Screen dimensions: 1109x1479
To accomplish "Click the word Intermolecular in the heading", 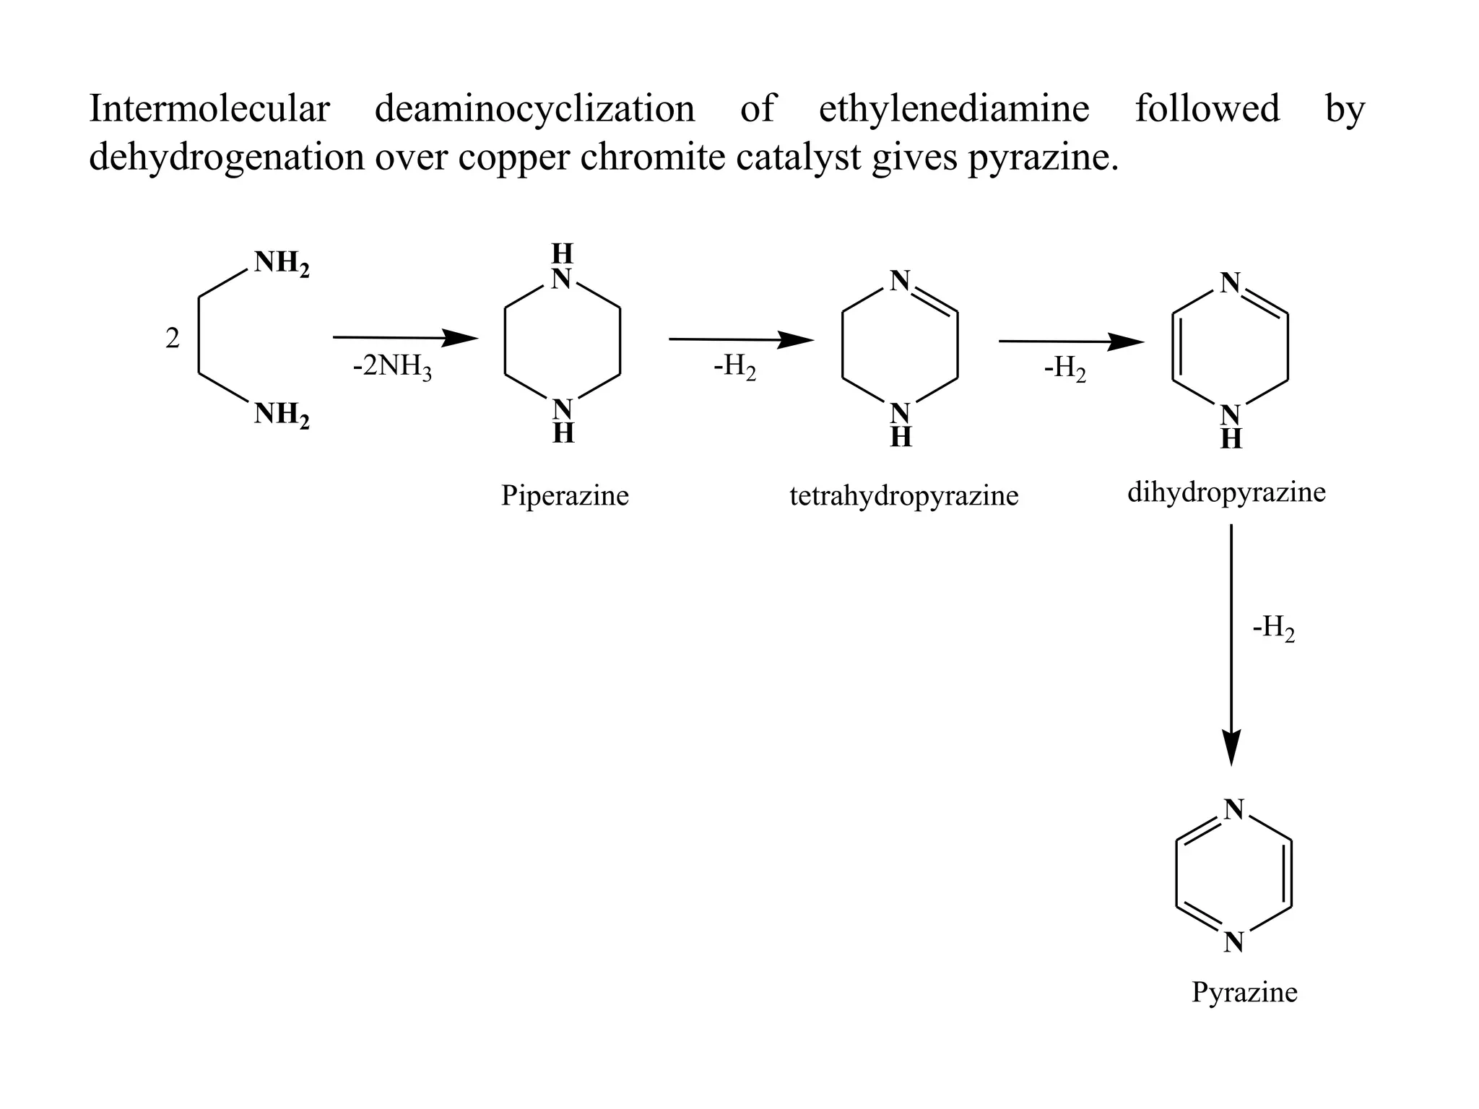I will click(209, 110).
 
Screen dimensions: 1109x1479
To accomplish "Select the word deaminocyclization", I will click(534, 110).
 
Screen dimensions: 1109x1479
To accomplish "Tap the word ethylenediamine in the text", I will click(953, 110).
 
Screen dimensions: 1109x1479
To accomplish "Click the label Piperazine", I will click(565, 496).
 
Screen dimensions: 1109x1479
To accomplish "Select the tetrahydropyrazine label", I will click(903, 496).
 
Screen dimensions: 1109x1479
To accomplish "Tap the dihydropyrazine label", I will click(1226, 492).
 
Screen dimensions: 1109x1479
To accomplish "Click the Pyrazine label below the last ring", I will click(1244, 992).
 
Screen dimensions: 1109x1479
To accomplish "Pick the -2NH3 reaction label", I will click(392, 368).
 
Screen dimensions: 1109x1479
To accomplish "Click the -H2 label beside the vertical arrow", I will click(1273, 629).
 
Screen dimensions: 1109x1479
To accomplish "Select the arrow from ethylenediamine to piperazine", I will click(404, 337).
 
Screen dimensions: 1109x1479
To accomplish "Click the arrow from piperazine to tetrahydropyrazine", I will click(741, 339).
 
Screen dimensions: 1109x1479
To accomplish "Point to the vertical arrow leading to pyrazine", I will click(1231, 643).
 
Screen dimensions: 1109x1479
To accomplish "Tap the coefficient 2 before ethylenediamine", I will click(172, 338).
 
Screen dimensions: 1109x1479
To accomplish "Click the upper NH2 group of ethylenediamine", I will click(281, 264).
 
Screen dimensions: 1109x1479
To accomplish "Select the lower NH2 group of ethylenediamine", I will click(281, 415).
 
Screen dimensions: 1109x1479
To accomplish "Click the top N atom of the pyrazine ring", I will click(1233, 810).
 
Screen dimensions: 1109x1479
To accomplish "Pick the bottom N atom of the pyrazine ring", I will click(1233, 941).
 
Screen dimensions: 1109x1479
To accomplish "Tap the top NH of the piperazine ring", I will click(562, 267).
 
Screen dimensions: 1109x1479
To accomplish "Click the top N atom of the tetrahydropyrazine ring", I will click(899, 281).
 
